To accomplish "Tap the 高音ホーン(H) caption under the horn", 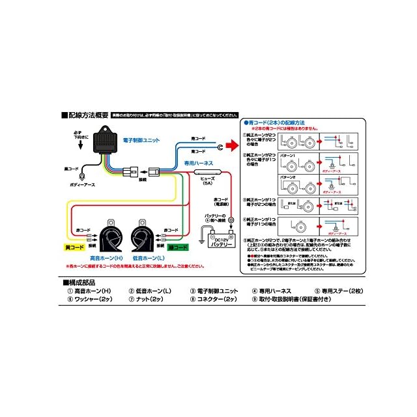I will click(108, 259).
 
